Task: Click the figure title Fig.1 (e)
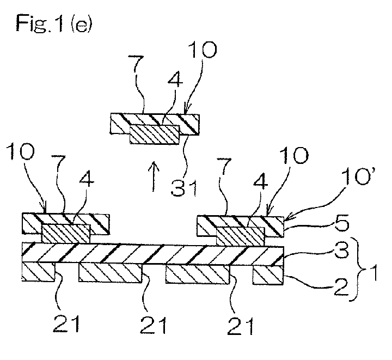(x=54, y=23)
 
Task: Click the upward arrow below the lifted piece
(x=154, y=176)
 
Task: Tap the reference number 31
(x=185, y=187)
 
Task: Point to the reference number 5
(x=342, y=224)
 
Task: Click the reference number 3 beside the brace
(x=342, y=250)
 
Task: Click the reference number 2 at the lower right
(x=341, y=287)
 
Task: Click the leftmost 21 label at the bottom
(x=66, y=323)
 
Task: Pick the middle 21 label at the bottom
(x=153, y=325)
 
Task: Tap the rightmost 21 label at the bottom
(x=240, y=326)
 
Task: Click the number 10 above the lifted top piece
(x=203, y=50)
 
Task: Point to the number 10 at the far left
(x=20, y=151)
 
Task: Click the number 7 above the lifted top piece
(x=136, y=64)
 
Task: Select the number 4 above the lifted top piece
(x=175, y=80)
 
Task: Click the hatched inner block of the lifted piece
(x=155, y=135)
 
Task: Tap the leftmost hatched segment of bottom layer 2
(x=38, y=272)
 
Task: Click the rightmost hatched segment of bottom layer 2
(x=268, y=275)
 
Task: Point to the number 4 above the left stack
(x=87, y=179)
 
